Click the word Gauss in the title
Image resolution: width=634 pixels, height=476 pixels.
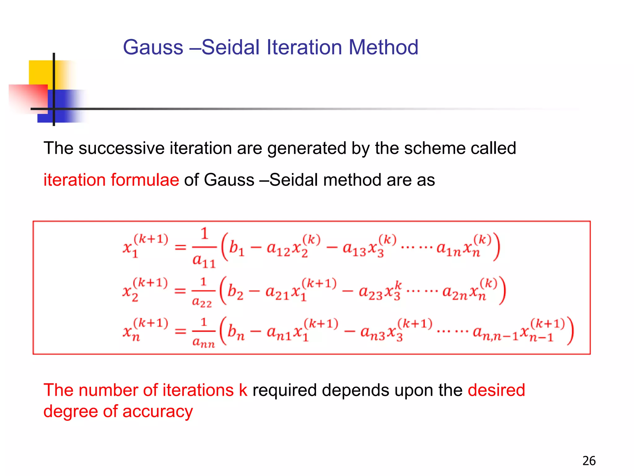click(x=153, y=47)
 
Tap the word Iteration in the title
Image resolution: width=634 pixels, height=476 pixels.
click(x=304, y=47)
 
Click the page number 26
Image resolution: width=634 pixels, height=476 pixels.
click(x=589, y=461)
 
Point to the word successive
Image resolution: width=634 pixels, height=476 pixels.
click(x=121, y=148)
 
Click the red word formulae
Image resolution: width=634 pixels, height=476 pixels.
click(x=145, y=180)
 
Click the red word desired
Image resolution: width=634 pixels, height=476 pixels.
click(x=496, y=390)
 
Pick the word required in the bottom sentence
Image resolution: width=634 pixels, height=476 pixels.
click(x=284, y=390)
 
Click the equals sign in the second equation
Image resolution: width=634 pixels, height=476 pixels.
click(x=180, y=291)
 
